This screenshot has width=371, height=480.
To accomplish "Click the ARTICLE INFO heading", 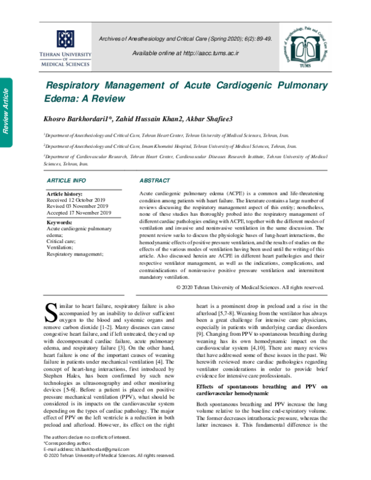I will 67,180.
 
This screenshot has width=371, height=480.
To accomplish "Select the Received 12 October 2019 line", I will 79,200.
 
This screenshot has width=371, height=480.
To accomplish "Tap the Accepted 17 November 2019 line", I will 79,213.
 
